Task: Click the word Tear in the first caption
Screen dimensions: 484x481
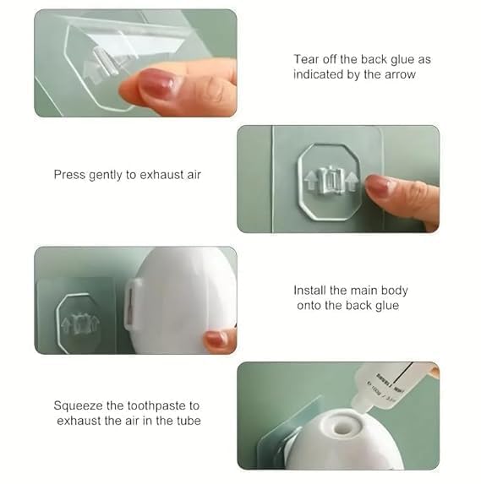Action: [307, 59]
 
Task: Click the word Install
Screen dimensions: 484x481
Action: [312, 290]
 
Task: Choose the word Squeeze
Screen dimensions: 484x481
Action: [79, 405]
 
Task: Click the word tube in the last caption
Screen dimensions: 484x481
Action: [185, 420]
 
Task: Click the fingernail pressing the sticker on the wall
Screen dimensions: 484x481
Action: [380, 185]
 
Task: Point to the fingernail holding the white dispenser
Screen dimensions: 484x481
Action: [217, 340]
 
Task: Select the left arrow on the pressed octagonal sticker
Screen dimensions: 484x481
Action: [311, 180]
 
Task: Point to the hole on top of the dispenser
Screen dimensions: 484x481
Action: [342, 428]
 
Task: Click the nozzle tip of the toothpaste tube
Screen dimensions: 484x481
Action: [358, 411]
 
